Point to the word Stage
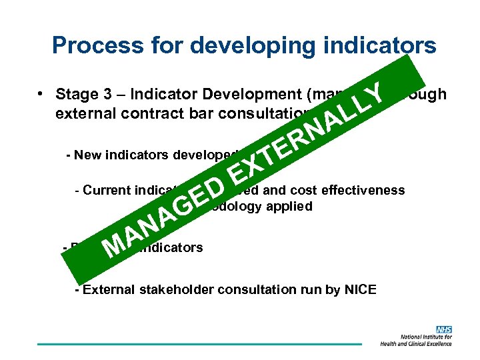(77, 94)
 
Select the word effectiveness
(364, 191)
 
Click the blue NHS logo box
(444, 329)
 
